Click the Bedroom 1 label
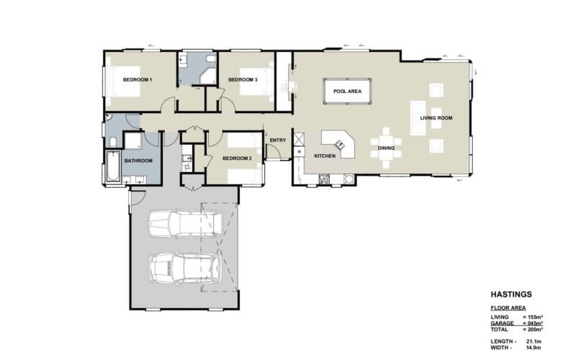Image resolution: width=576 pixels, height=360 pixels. coord(137,80)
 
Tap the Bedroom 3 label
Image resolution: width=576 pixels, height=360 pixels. coord(243,80)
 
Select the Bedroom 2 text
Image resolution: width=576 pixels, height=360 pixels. coord(236,158)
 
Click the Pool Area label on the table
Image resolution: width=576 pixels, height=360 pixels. coord(347,91)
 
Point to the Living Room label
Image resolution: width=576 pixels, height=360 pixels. coord(436,117)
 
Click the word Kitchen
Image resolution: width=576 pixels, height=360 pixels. coord(325,156)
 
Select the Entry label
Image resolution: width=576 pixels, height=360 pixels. coord(278,140)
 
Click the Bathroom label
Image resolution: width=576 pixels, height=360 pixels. coord(139,161)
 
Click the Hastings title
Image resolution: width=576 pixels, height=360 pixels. coord(510,294)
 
